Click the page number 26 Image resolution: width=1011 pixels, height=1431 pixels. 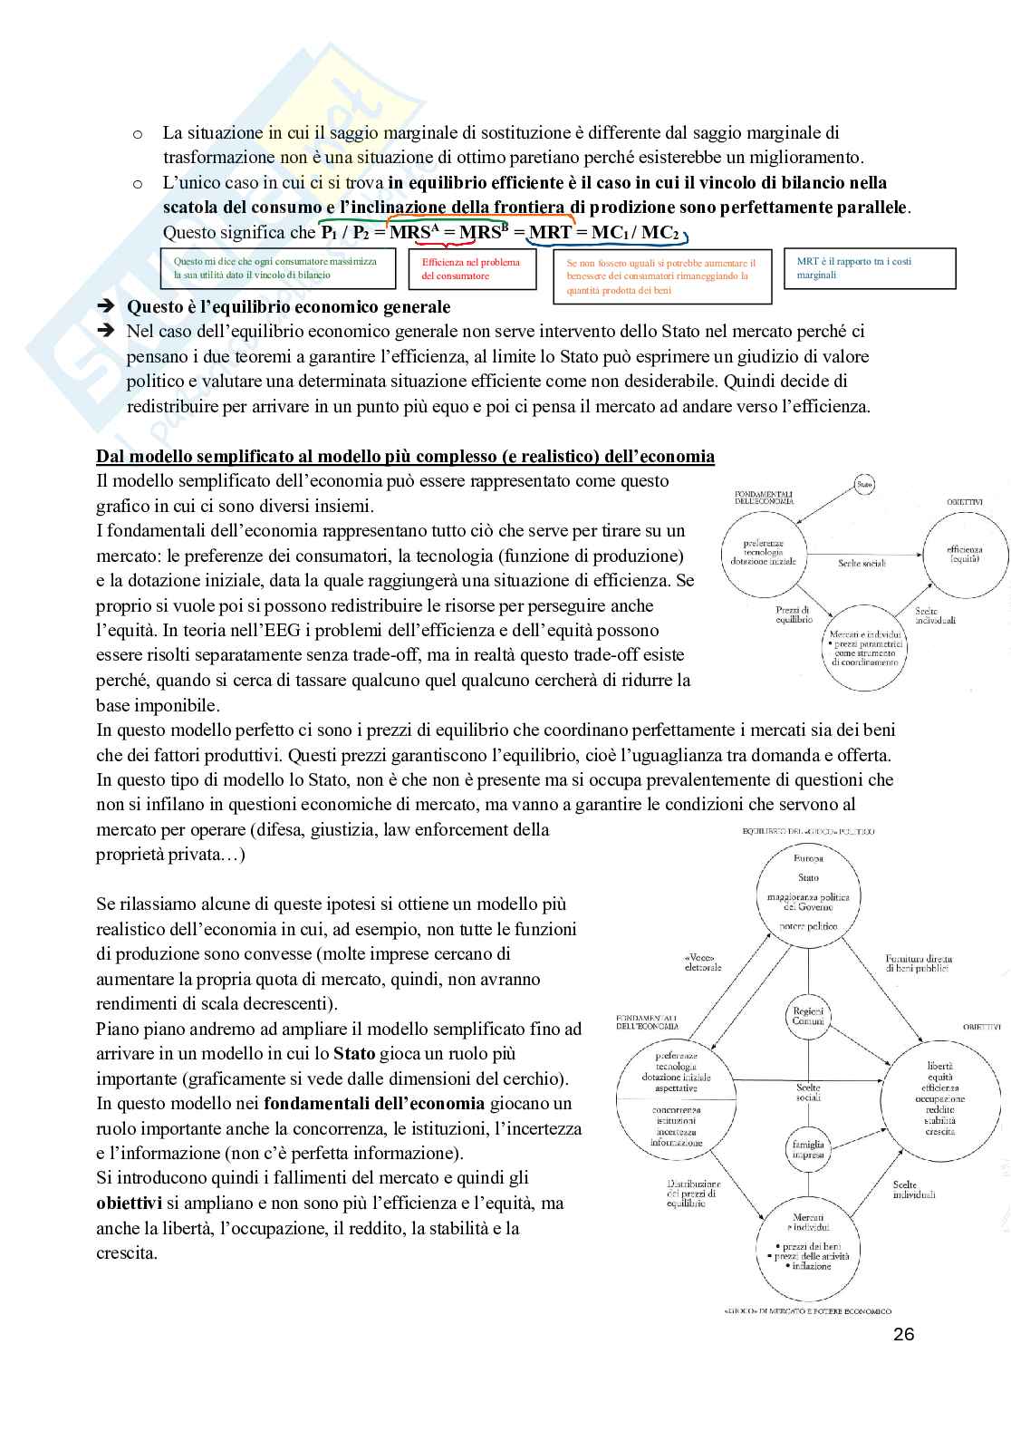tap(903, 1334)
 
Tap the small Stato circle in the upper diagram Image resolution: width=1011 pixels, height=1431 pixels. tap(864, 487)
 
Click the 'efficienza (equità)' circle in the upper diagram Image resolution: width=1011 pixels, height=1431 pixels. tap(964, 555)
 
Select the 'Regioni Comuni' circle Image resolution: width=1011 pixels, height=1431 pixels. tap(808, 1016)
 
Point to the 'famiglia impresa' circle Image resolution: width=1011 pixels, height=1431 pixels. tap(808, 1150)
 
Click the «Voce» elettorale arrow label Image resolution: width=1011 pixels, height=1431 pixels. tap(704, 962)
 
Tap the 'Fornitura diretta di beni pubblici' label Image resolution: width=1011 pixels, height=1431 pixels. tap(919, 962)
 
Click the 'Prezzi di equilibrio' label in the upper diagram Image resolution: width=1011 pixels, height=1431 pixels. tap(793, 615)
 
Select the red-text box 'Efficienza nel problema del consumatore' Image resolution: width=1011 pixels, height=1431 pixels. tap(471, 269)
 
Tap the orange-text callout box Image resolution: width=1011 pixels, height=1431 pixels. tap(661, 276)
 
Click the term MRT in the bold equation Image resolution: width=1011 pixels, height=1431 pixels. tap(550, 232)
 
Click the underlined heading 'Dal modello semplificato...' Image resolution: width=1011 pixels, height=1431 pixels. tap(405, 456)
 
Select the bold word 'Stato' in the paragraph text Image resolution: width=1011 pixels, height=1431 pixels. tap(354, 1053)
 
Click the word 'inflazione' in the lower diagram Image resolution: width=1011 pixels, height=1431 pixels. tap(811, 1266)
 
